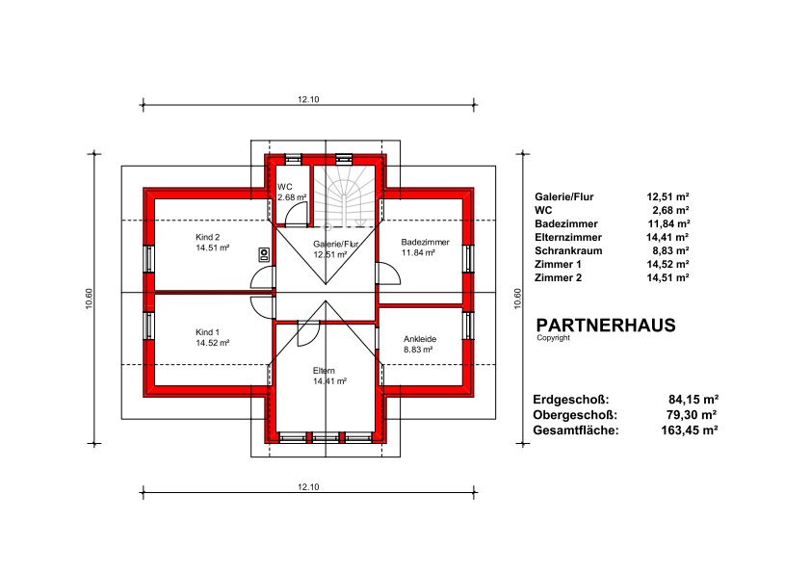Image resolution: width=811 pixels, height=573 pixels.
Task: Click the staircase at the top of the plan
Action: click(x=345, y=196)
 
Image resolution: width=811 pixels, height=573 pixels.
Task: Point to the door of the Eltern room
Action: click(x=310, y=333)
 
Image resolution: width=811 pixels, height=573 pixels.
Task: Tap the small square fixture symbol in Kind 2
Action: click(x=264, y=253)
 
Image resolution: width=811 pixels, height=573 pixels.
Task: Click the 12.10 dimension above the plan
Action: click(x=308, y=99)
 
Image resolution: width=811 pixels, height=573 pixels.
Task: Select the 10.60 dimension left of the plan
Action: click(x=89, y=299)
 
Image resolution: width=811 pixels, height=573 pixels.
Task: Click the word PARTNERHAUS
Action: click(x=606, y=326)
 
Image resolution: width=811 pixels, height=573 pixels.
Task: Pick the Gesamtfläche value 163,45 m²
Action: click(x=690, y=430)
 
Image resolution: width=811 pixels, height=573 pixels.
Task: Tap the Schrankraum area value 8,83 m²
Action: click(x=670, y=250)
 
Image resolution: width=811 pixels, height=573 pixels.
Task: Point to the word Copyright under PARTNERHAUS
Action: click(x=553, y=338)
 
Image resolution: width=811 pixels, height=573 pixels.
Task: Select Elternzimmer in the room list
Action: click(x=568, y=237)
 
